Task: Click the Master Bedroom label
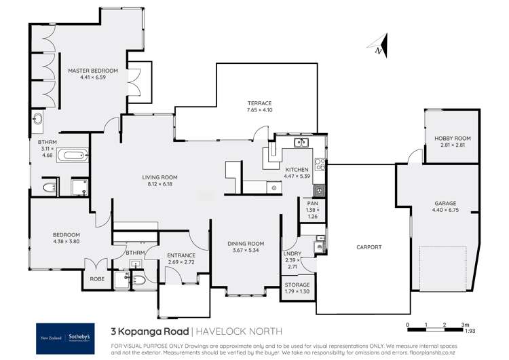[93, 71]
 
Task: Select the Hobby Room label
[453, 138]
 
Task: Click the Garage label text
[445, 203]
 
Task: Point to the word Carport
[369, 247]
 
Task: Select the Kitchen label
[297, 169]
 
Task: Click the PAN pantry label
[313, 202]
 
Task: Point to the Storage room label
[297, 285]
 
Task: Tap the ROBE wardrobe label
[92, 278]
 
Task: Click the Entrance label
[181, 255]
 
